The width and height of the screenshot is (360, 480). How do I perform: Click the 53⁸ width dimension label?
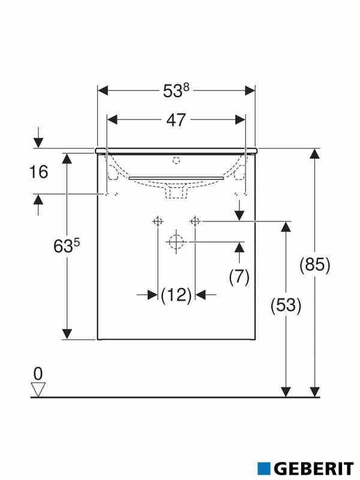point(176,91)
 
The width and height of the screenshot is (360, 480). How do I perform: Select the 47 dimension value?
point(176,119)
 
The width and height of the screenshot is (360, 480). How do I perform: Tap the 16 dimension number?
point(38,172)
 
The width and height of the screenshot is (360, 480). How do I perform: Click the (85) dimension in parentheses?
point(314,265)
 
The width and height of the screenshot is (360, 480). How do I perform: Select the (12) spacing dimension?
point(176,295)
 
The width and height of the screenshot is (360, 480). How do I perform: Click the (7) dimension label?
point(239,276)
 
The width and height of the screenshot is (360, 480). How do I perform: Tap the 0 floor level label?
point(38,373)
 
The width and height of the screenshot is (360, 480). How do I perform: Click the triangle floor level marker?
point(38,389)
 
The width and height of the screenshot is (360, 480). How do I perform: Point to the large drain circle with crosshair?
point(176,242)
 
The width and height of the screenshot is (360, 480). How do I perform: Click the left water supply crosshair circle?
point(158,221)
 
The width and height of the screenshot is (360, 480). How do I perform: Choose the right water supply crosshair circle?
point(194,221)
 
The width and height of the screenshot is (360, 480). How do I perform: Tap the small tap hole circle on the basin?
point(176,160)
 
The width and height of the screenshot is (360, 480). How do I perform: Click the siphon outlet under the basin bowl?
point(176,192)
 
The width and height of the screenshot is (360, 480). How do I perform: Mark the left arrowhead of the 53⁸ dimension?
point(103,91)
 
